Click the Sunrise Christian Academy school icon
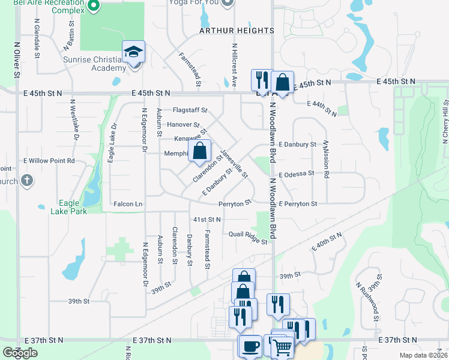point(133,52)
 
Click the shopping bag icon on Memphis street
point(200,151)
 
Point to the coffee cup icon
point(250,346)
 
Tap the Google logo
point(20,353)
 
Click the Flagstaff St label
point(190,110)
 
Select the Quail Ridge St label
point(247,238)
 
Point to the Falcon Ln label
point(128,205)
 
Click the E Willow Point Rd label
point(49,161)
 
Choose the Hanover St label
point(184,125)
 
